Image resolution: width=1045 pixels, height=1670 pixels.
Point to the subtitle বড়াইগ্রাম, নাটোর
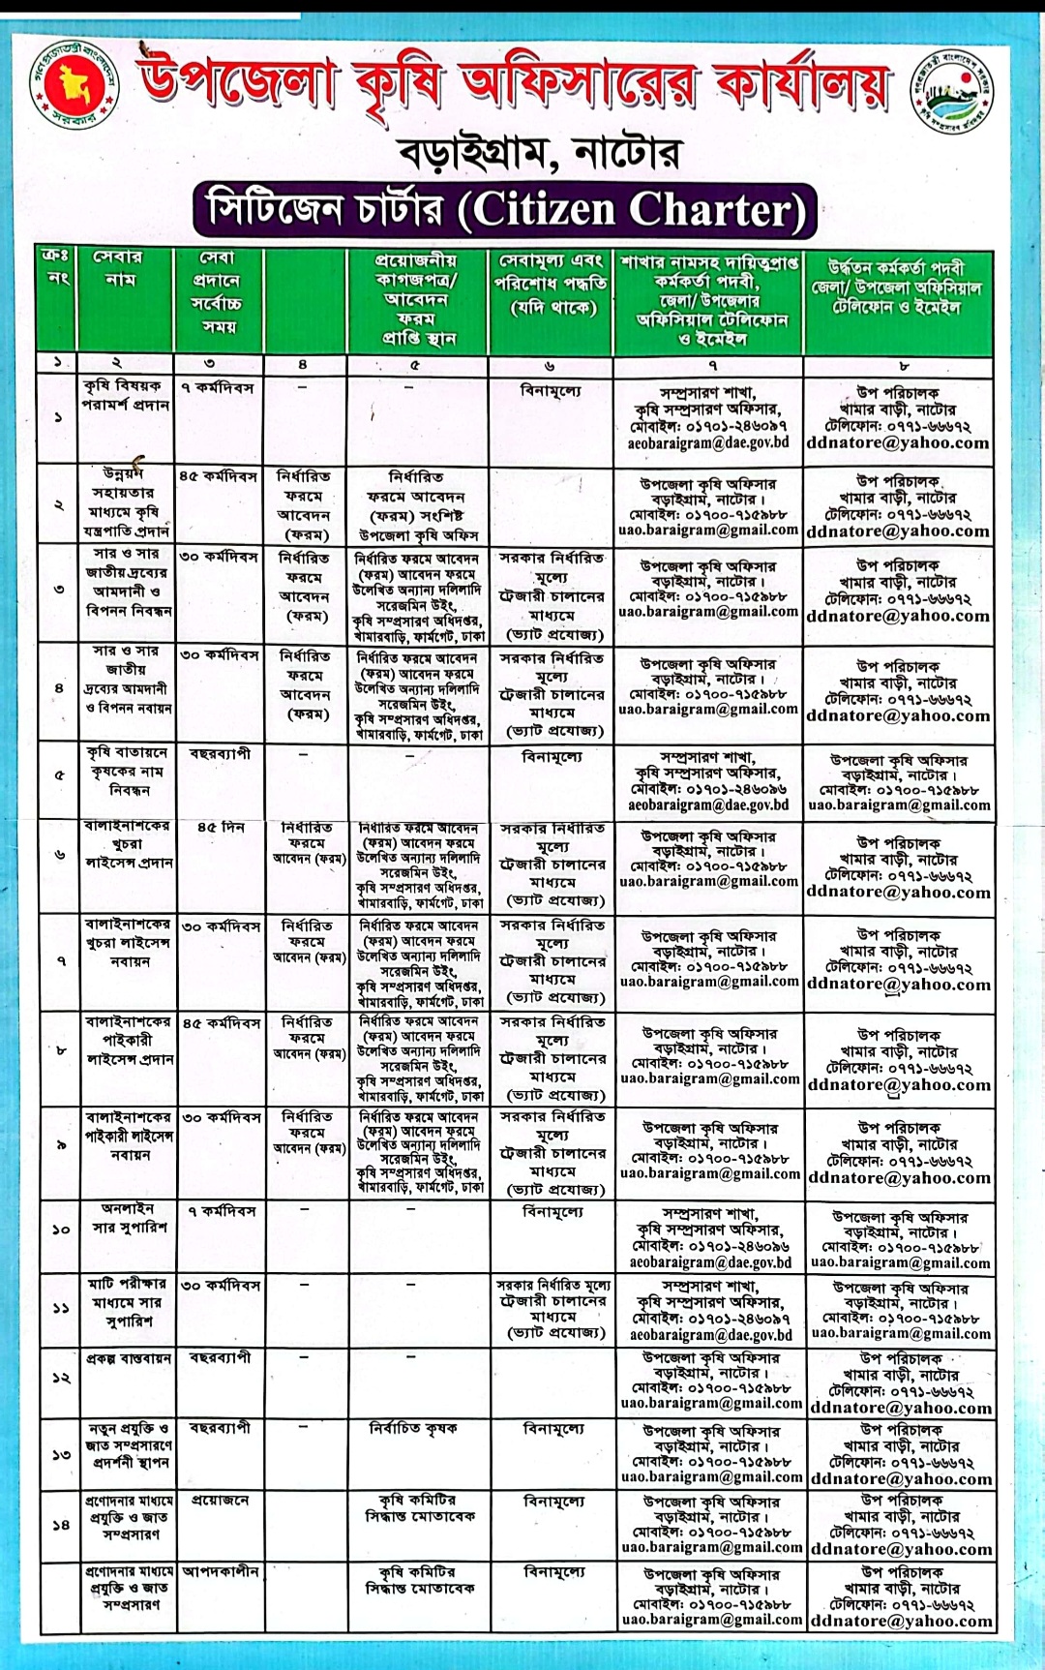(x=540, y=153)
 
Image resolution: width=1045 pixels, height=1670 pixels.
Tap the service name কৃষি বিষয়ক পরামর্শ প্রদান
(x=126, y=396)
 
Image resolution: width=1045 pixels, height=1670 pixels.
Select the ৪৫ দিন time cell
(x=221, y=828)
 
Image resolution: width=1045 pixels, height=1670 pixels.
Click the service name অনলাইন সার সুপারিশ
(x=129, y=1218)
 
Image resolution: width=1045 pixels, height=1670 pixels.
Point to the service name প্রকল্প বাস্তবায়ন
(x=129, y=1358)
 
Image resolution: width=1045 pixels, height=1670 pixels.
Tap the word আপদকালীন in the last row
(x=221, y=1571)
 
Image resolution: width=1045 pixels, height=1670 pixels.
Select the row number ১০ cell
(x=60, y=1229)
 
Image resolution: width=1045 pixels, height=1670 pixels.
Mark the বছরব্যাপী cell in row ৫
(x=220, y=753)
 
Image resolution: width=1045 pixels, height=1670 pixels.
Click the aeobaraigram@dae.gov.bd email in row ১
(x=708, y=442)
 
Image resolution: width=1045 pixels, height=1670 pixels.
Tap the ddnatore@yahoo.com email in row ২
(x=898, y=531)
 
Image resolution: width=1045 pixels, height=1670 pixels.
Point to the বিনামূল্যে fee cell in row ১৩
(x=552, y=1428)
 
